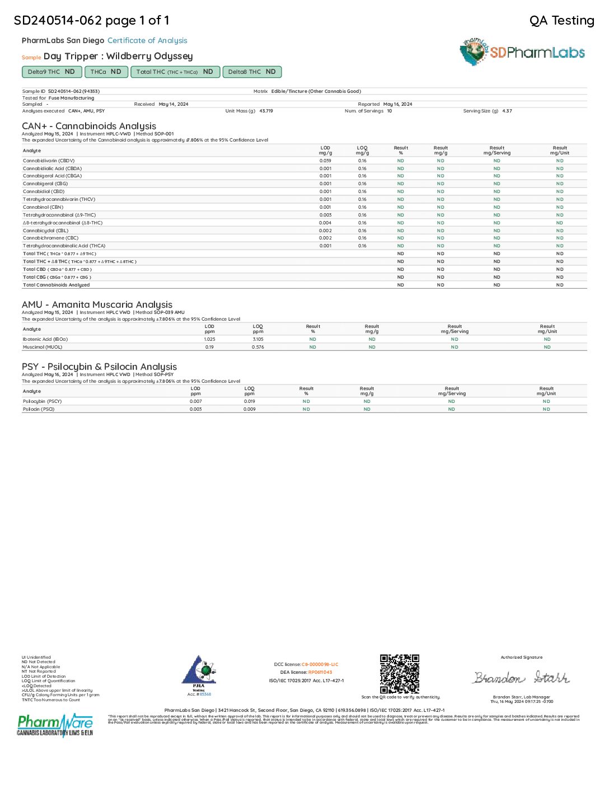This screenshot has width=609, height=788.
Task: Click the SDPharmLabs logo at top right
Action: tap(523, 52)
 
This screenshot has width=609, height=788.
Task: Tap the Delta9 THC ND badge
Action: tap(51, 72)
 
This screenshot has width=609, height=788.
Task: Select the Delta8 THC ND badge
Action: tap(252, 72)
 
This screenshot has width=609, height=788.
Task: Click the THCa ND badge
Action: tap(106, 72)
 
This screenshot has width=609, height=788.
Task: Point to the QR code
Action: tap(400, 674)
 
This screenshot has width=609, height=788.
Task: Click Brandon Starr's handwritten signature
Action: tap(521, 678)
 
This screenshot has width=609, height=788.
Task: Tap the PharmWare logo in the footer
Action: tap(55, 725)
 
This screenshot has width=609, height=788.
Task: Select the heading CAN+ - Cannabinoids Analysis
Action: tap(89, 126)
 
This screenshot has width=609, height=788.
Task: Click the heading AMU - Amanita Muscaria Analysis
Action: tap(97, 304)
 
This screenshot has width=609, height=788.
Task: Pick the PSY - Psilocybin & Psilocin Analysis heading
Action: tap(99, 367)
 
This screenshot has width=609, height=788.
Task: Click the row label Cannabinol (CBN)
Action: tap(43, 207)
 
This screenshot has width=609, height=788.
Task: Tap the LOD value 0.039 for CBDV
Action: tap(325, 161)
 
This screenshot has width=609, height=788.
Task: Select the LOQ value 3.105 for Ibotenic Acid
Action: tap(257, 339)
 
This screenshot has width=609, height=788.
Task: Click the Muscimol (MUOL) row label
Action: tap(43, 347)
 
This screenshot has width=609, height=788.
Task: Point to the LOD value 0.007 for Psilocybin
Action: tap(195, 401)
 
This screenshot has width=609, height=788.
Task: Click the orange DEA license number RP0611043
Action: tap(320, 672)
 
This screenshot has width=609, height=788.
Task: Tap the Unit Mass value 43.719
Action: tap(266, 111)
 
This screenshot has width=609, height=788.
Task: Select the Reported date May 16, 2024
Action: tap(397, 104)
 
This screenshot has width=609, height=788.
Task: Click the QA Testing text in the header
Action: tap(561, 21)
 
